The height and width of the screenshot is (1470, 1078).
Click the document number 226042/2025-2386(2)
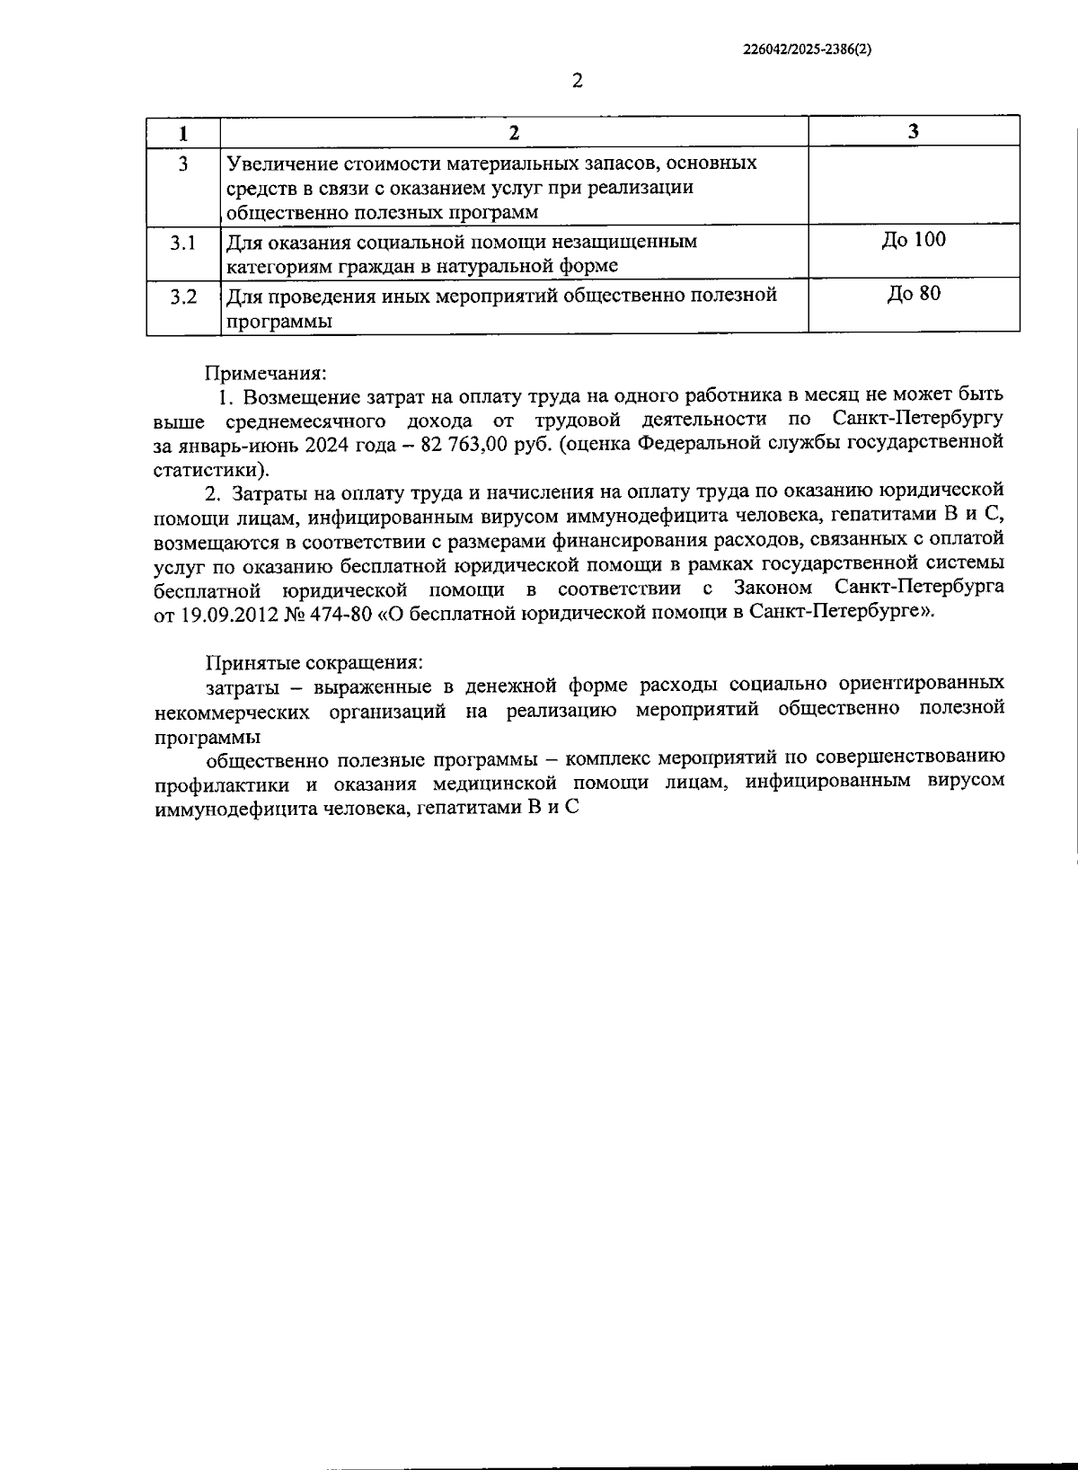(x=808, y=51)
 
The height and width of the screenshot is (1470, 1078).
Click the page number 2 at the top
(x=578, y=81)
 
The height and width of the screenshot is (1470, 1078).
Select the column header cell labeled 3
(x=914, y=132)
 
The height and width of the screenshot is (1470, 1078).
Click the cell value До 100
(x=914, y=240)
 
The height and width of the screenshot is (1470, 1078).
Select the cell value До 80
(x=914, y=294)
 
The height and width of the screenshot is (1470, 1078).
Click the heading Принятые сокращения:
(x=314, y=662)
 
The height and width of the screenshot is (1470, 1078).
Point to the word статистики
(x=207, y=469)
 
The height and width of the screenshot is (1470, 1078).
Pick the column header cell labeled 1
(x=183, y=132)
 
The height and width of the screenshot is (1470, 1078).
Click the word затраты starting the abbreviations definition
(x=240, y=686)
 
